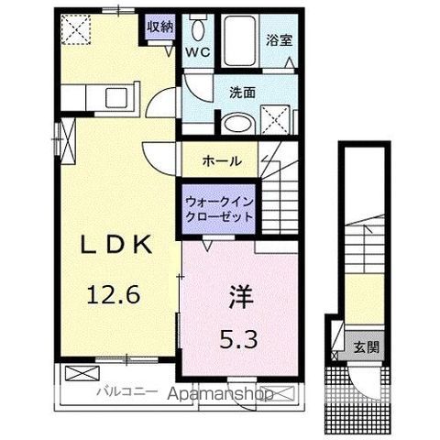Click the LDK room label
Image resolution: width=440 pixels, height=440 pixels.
coord(113,247)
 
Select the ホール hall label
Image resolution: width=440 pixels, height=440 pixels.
coord(223,160)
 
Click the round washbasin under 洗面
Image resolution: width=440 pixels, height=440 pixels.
coord(236,122)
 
